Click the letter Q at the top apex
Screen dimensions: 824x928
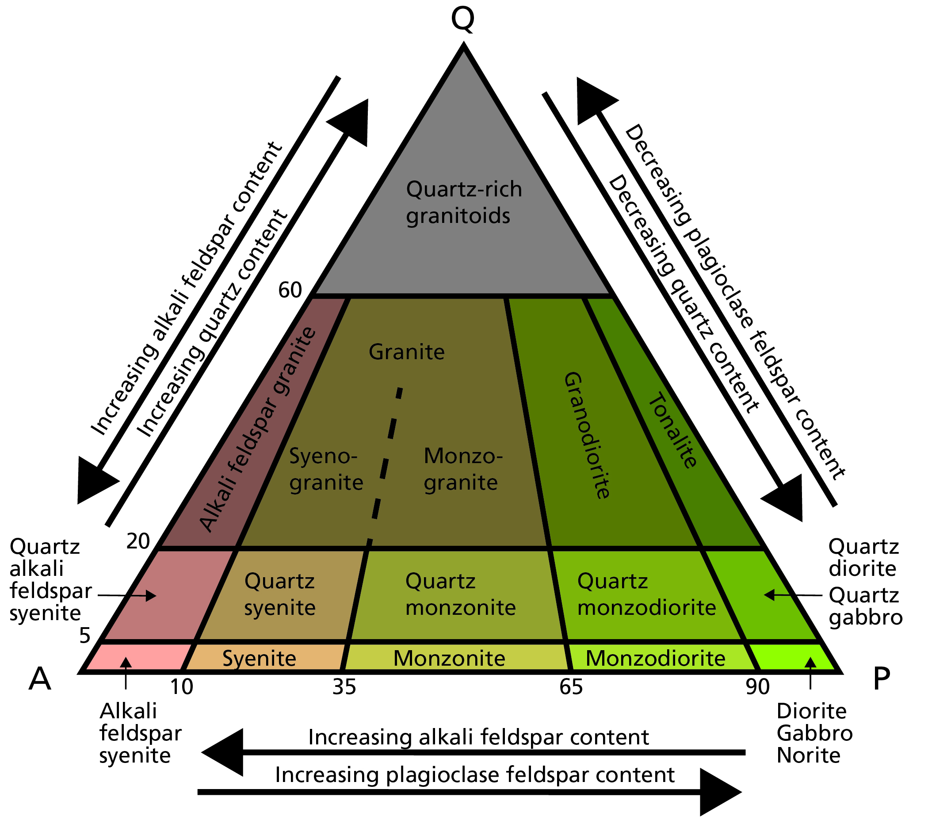point(462,19)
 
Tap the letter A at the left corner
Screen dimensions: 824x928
point(40,679)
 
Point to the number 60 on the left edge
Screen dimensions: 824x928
point(290,290)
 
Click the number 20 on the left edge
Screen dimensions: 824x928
point(138,541)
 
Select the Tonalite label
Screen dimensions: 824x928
point(672,431)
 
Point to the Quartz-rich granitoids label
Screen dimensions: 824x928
point(463,203)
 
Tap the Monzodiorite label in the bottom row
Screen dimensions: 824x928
point(656,658)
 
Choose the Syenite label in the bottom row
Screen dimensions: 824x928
point(259,658)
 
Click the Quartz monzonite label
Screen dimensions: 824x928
point(460,594)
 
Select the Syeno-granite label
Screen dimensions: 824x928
point(326,469)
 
